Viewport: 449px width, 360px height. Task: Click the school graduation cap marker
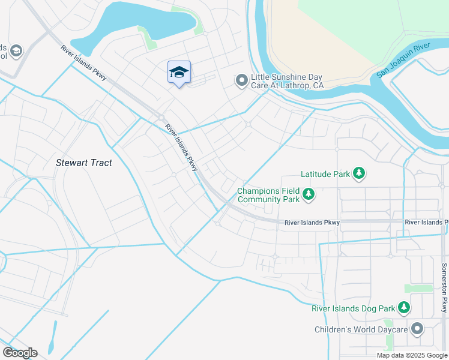tap(179, 73)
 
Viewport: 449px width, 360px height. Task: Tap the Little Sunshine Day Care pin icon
tap(241, 80)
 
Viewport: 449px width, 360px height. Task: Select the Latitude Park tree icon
tap(359, 174)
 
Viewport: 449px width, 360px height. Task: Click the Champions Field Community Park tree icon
tap(309, 194)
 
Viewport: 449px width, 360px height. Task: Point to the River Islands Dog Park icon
tap(404, 308)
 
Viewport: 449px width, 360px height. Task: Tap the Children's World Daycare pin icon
tap(417, 329)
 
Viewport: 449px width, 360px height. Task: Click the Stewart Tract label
tap(84, 163)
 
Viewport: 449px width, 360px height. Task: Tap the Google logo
tap(20, 353)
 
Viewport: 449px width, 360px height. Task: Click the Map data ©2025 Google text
tap(411, 355)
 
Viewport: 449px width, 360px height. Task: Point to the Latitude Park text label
tap(325, 175)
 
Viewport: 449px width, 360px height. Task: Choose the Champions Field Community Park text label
tap(268, 194)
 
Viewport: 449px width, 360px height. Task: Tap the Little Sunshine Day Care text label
tap(287, 81)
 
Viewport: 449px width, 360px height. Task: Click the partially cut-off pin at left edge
tap(14, 50)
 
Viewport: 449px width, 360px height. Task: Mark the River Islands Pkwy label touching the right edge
tap(426, 223)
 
